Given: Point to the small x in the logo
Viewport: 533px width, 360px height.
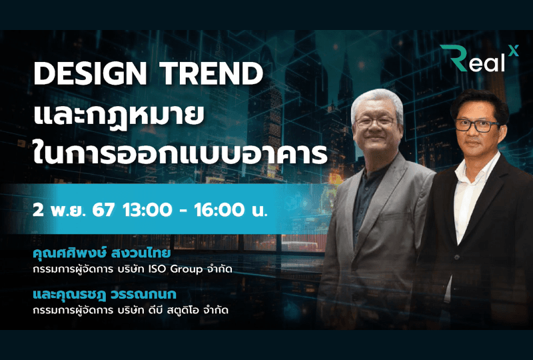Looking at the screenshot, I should (513, 50).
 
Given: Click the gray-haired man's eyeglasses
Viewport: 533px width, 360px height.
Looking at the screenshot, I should (375, 121).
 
